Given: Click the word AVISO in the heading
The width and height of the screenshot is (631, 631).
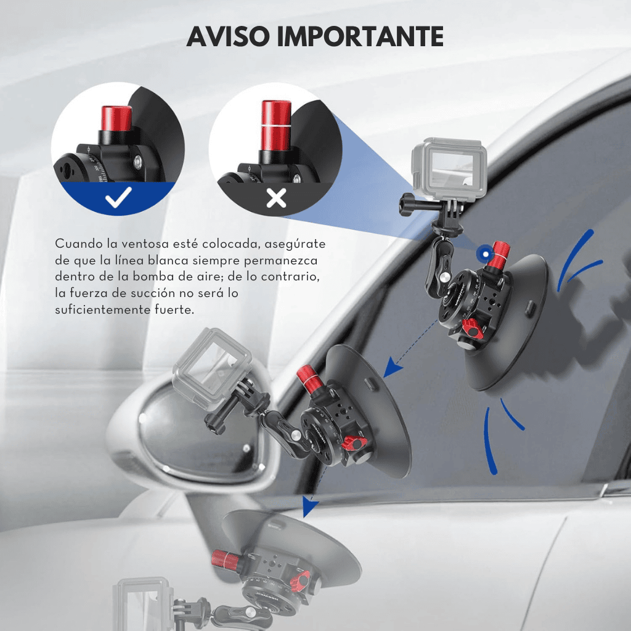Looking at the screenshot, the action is tap(228, 36).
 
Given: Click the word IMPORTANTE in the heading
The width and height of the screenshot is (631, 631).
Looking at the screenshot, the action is tap(360, 36).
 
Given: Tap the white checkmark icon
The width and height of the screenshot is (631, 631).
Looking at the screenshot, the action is tap(118, 197).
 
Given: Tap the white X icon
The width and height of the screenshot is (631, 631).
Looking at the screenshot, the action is tap(276, 198).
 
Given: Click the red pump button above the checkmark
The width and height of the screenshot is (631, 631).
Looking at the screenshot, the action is tap(116, 118).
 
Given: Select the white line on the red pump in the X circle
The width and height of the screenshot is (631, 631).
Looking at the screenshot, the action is tap(276, 126).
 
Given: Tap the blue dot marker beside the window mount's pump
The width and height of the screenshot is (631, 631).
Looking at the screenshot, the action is tap(486, 254).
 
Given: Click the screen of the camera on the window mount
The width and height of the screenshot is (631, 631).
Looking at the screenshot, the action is tap(452, 169).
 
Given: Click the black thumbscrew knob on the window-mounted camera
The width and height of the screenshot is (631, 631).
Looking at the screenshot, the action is tap(409, 204).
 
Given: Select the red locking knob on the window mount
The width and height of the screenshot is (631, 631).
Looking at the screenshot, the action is tap(473, 329).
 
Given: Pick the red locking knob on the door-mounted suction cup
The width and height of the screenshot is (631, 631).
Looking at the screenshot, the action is tap(354, 443).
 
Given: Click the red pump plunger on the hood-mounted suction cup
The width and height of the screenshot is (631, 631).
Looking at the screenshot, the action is tap(226, 558).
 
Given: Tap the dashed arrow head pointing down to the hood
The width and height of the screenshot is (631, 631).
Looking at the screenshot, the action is tap(309, 506).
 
